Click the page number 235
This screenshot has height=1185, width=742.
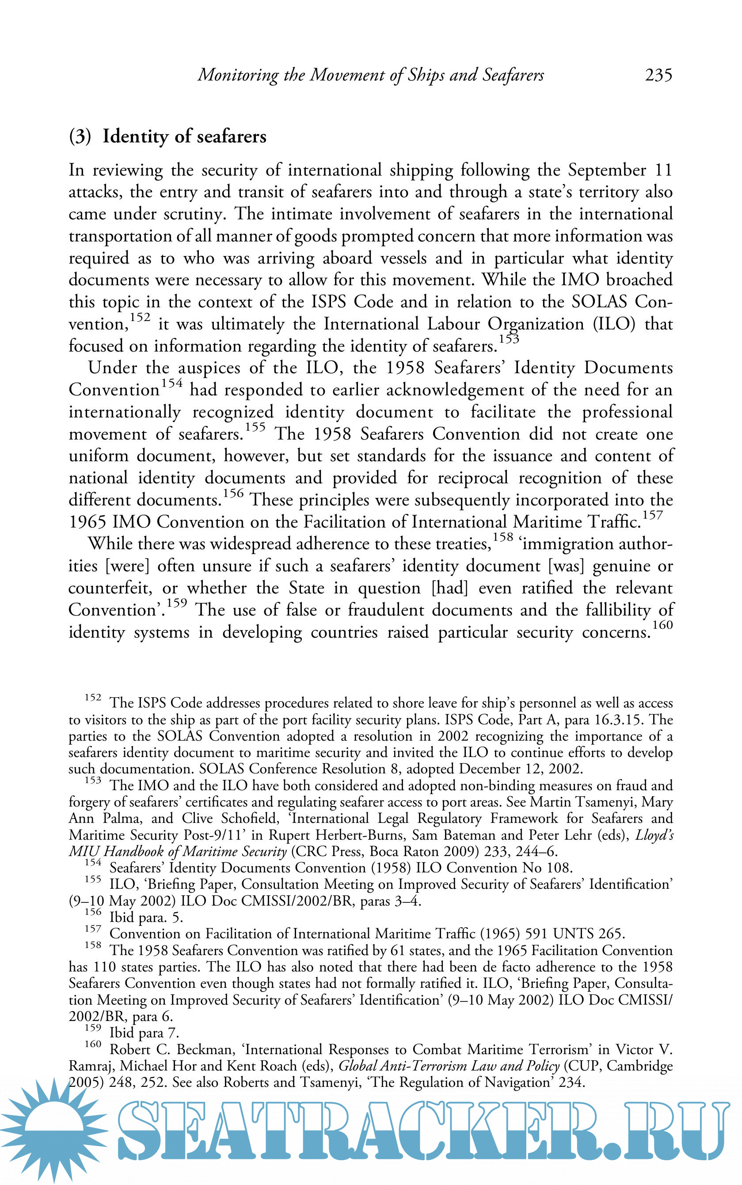coord(658,75)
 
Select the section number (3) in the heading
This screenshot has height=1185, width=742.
coord(80,137)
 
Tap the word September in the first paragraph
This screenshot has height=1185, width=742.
coord(607,170)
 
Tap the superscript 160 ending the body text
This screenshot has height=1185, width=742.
coord(662,625)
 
